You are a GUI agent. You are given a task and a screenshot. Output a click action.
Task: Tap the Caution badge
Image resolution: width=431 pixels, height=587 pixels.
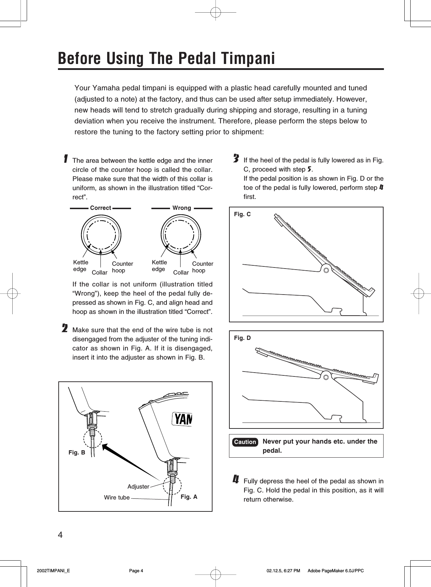(245, 442)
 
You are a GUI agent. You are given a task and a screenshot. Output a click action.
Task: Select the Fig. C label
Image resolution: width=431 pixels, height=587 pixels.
(242, 214)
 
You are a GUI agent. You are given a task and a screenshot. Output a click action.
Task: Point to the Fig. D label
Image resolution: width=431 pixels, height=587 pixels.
(242, 338)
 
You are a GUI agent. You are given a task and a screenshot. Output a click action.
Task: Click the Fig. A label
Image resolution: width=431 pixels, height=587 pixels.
(189, 497)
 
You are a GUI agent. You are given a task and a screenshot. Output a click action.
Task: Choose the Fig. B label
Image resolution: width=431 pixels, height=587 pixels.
(77, 452)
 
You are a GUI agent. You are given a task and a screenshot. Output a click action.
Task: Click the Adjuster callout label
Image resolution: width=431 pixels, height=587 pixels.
(138, 486)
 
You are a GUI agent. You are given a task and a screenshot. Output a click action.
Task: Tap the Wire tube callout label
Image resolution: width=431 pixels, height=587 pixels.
(117, 497)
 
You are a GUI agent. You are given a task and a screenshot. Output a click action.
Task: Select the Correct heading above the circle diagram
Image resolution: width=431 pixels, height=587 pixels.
(100, 208)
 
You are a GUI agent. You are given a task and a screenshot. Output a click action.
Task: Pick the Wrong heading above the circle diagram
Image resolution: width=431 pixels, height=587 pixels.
(182, 208)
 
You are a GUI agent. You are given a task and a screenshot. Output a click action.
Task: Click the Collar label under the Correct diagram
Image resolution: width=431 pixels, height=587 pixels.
(99, 272)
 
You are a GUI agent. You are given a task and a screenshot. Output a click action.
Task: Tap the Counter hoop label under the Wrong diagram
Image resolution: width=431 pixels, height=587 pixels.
(203, 267)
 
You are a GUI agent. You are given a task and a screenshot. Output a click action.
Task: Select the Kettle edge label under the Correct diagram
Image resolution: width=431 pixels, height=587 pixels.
(80, 266)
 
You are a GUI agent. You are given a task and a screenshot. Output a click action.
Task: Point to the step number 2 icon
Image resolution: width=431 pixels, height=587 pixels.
(65, 329)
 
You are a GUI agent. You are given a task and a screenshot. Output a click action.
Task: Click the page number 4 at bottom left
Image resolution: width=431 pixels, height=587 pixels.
(60, 535)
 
